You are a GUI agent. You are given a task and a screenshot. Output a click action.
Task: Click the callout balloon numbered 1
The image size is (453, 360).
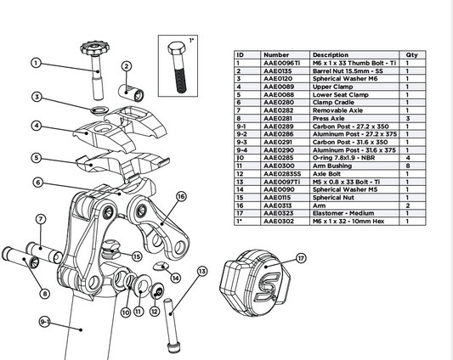coord(37,63)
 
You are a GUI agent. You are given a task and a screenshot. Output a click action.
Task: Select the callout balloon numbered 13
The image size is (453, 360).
coord(202,272)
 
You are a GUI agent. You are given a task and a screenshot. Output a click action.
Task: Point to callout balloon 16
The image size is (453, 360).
coord(181,196)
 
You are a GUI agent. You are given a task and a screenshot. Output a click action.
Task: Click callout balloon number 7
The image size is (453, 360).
coord(40,220)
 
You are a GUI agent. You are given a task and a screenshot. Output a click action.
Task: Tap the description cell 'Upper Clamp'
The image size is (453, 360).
coord(332,86)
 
